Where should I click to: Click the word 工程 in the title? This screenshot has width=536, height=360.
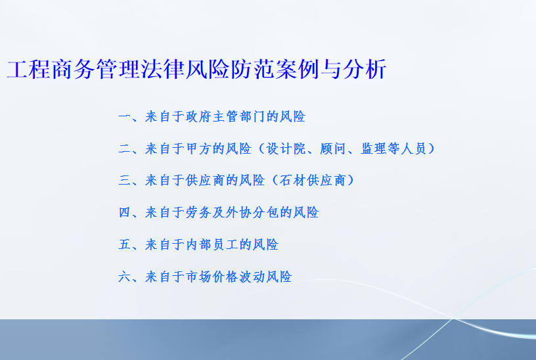point(29,69)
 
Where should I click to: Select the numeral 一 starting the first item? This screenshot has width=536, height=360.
point(125,117)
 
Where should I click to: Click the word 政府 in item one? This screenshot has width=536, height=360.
point(198,117)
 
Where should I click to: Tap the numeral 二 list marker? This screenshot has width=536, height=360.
point(125,148)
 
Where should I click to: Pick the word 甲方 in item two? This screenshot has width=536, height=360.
point(198,148)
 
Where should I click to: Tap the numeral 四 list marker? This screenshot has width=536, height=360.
point(125,212)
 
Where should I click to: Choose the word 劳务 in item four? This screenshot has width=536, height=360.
point(198,212)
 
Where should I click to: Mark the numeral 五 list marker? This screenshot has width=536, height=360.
point(125,244)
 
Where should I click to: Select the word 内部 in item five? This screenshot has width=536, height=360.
point(198,244)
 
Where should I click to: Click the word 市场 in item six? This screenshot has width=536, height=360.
point(198,277)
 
